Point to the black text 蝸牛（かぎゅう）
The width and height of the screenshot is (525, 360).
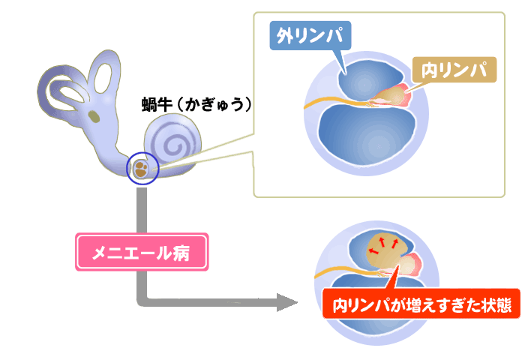click(x=196, y=104)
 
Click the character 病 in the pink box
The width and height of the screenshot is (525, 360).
click(x=193, y=254)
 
